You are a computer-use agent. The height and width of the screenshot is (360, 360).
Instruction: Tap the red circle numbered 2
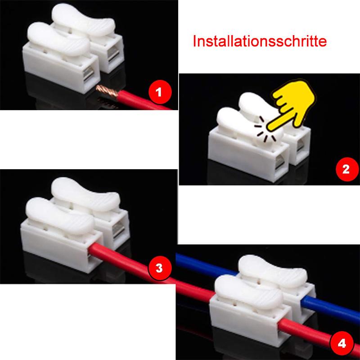pos(346,170)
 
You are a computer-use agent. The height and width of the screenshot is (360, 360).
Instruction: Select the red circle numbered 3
pos(158,268)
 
